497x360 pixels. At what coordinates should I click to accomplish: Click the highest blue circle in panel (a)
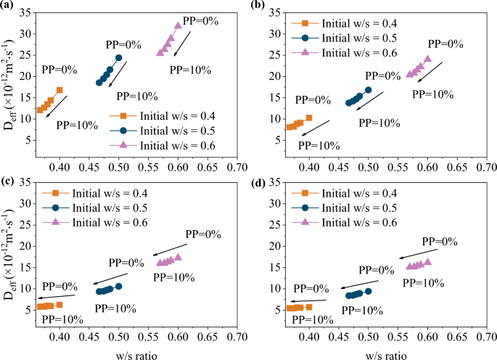[118, 57]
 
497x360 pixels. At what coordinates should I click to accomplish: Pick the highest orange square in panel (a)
[59, 90]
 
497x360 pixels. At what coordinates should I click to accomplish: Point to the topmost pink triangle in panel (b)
[427, 59]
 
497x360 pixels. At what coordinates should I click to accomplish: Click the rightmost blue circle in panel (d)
[368, 291]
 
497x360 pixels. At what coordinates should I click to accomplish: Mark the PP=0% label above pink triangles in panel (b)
[444, 44]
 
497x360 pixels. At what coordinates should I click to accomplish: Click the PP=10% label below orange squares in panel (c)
[62, 318]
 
